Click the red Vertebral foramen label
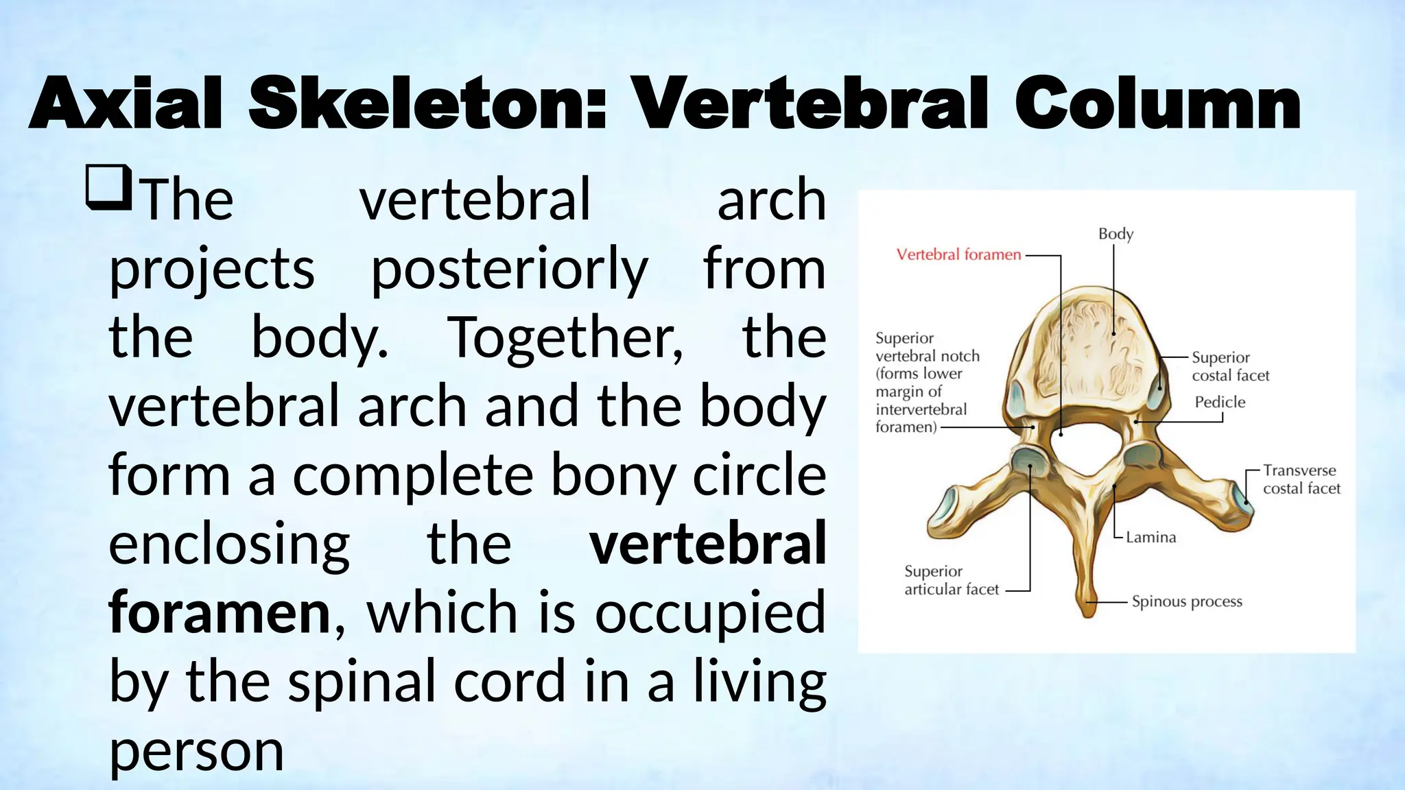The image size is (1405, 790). coord(958,255)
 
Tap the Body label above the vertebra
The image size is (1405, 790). coord(1115,234)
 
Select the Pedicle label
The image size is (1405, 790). coord(1219,402)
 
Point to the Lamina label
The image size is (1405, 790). coord(1150,538)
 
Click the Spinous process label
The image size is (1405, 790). coord(1186,601)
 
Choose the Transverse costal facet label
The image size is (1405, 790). coord(1301,479)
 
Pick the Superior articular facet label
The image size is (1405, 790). coord(951,580)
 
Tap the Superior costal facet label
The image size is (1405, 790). coord(1230,366)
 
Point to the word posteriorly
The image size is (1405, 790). coord(509,269)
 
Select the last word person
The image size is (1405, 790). coord(196,751)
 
